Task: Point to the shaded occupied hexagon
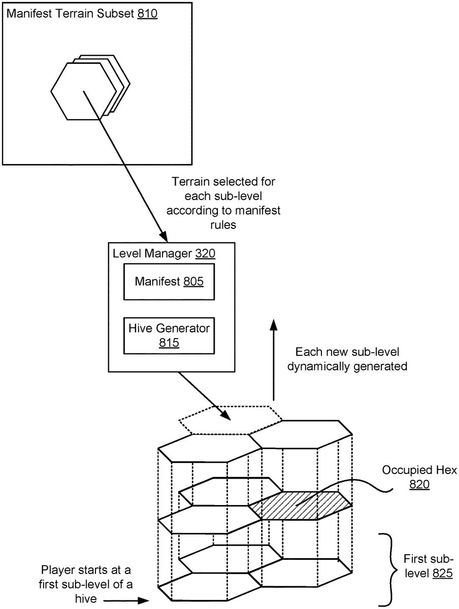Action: pyautogui.click(x=300, y=505)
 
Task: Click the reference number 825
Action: pyautogui.click(x=442, y=573)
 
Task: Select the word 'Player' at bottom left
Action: pyautogui.click(x=56, y=570)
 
